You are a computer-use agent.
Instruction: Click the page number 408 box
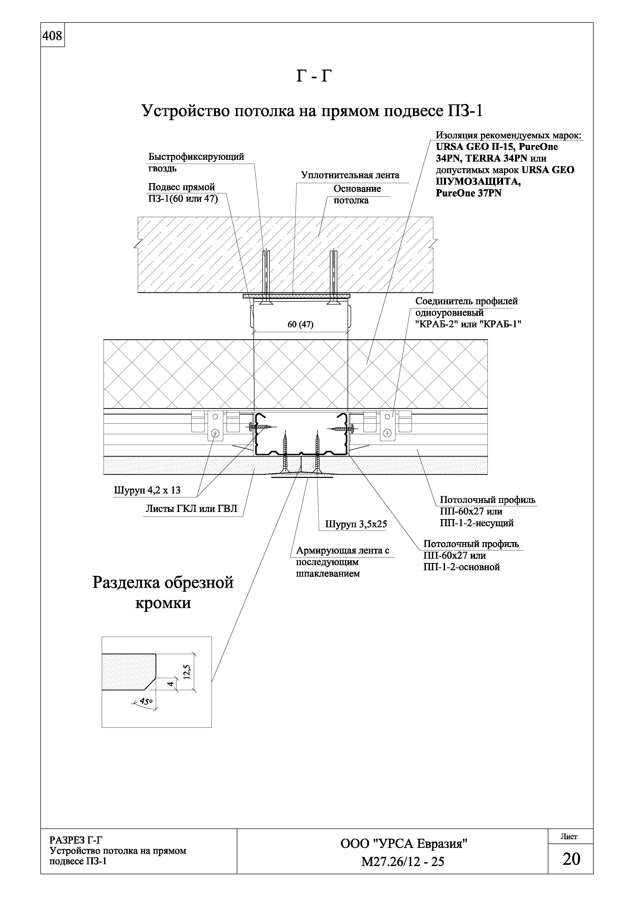pos(52,36)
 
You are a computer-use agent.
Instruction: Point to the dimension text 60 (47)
pos(301,325)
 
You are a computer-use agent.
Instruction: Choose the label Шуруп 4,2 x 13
pos(147,490)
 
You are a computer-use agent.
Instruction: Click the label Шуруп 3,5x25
pos(356,524)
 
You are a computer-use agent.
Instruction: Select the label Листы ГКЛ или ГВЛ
pos(191,509)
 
